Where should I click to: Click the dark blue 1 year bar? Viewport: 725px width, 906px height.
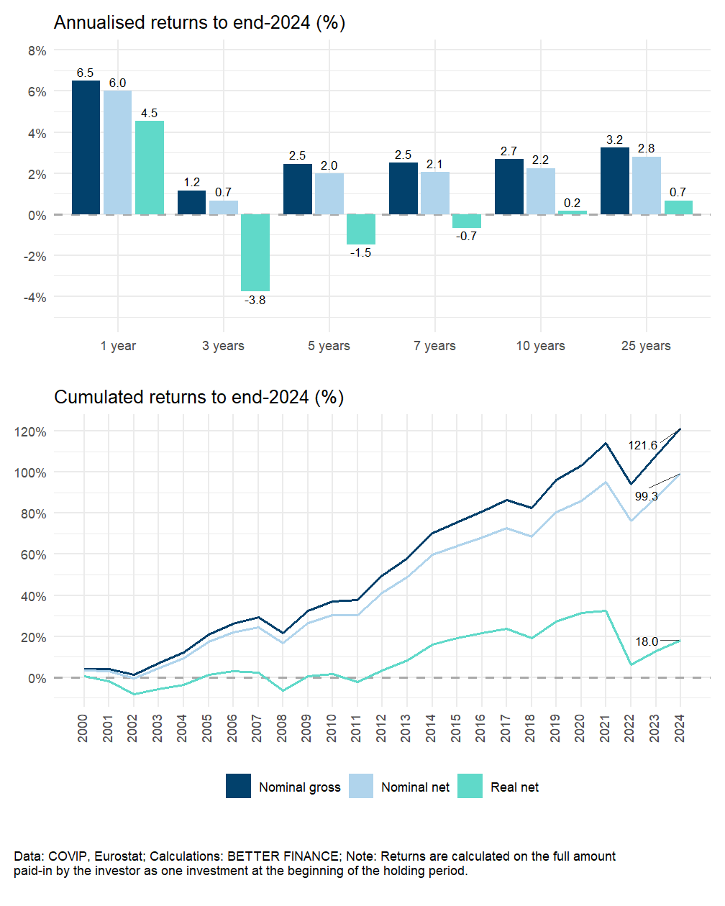tap(86, 147)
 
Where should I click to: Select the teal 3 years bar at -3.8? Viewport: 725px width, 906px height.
tap(255, 252)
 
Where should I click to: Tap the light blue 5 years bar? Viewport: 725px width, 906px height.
tap(329, 194)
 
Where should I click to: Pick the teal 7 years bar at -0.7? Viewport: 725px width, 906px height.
tap(467, 221)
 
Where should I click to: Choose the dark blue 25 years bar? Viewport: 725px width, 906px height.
tap(615, 181)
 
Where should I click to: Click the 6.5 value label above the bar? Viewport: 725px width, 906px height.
tap(85, 73)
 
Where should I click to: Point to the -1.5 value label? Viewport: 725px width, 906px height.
tap(360, 253)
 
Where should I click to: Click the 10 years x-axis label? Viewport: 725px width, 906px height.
tap(540, 346)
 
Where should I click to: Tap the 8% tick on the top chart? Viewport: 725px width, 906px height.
tap(37, 51)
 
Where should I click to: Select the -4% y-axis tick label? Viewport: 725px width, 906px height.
tap(35, 298)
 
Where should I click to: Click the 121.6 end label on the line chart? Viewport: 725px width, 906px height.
tap(642, 446)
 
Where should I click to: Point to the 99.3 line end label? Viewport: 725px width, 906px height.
tap(646, 496)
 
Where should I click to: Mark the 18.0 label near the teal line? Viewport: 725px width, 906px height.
tap(647, 641)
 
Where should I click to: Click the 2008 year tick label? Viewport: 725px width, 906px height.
tap(282, 728)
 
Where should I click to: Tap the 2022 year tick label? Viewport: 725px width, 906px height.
tap(630, 728)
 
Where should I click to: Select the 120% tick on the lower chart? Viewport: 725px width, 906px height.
tap(31, 432)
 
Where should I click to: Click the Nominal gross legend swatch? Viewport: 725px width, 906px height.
tap(238, 787)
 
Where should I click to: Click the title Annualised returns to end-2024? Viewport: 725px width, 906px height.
tap(199, 23)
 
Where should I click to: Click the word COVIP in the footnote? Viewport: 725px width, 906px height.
tap(66, 856)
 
